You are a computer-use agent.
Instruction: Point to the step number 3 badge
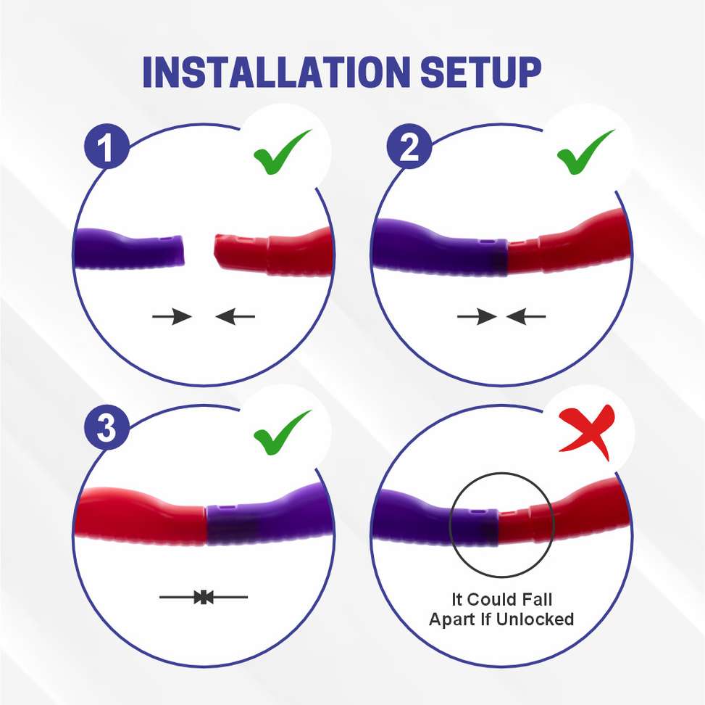click(106, 428)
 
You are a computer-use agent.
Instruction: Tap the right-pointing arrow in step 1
click(172, 316)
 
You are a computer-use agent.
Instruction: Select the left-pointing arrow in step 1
click(236, 316)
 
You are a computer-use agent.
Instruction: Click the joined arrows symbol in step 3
click(204, 597)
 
